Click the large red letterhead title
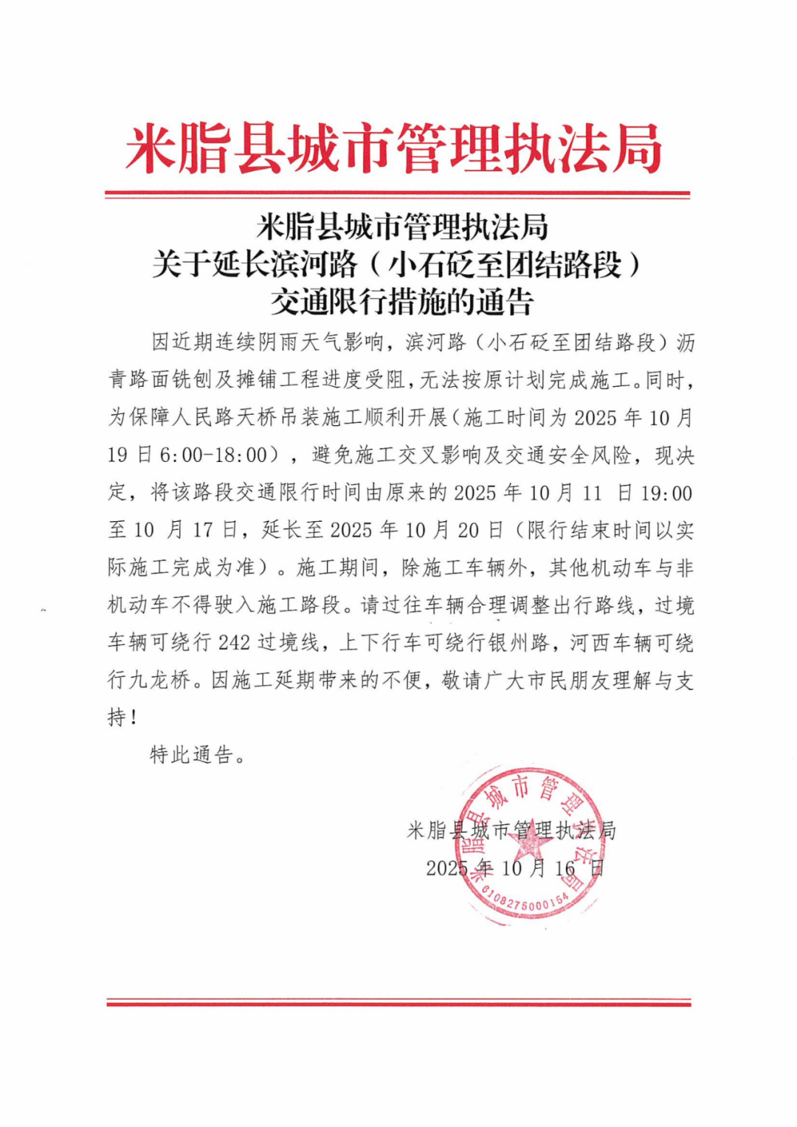[393, 148]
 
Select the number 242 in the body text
[234, 643]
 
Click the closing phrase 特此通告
[193, 754]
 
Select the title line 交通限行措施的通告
[401, 301]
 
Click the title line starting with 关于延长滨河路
[397, 264]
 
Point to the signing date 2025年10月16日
[514, 868]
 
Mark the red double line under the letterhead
[397, 195]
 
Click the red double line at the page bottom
[398, 1002]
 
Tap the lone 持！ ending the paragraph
[123, 717]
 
